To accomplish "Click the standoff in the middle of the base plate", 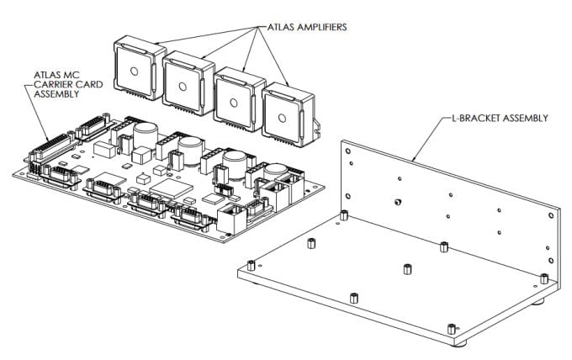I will tap(406, 269).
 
